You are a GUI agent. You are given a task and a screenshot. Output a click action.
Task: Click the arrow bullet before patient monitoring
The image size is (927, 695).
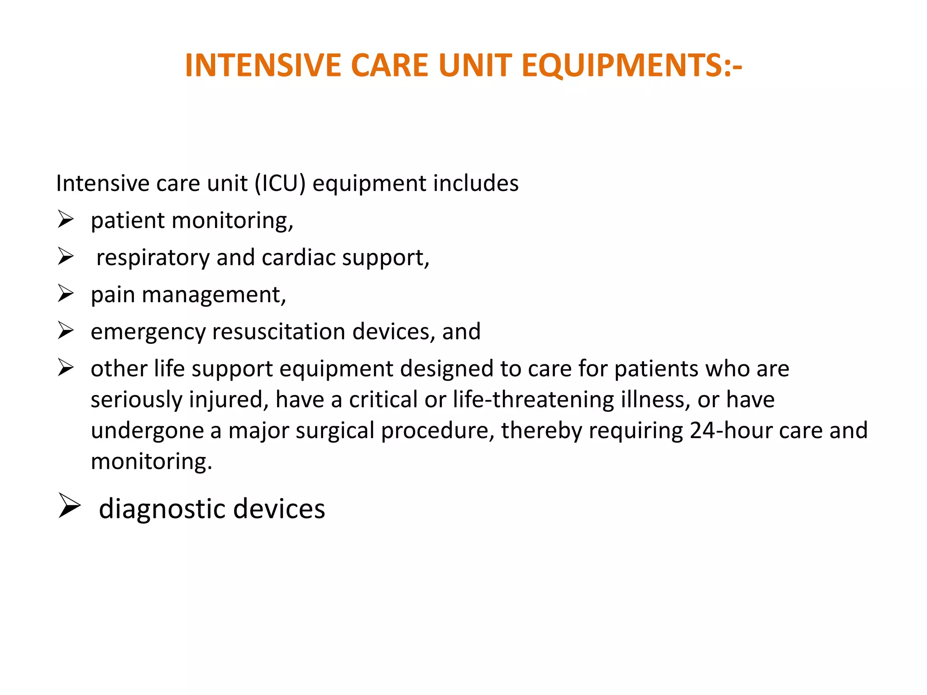click(66, 220)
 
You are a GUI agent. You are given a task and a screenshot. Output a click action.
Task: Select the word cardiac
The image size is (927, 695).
click(299, 257)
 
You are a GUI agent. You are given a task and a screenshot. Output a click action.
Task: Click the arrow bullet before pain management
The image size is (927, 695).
click(66, 294)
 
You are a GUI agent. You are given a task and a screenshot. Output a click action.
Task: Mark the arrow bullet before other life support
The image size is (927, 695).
click(66, 368)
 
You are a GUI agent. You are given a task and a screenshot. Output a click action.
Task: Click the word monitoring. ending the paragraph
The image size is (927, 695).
click(151, 462)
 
